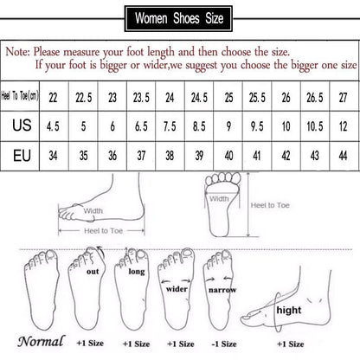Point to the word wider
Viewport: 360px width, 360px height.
[x=177, y=289]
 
